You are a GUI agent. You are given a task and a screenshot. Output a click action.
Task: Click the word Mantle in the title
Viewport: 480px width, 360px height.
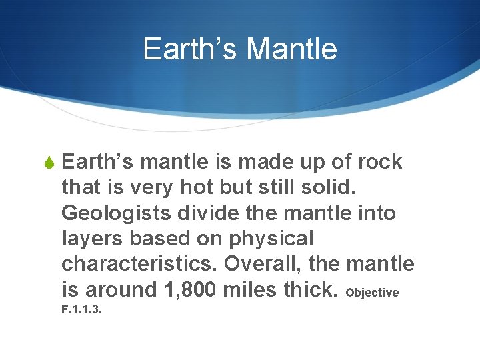point(291,49)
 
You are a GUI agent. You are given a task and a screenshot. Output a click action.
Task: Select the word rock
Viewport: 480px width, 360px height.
point(380,162)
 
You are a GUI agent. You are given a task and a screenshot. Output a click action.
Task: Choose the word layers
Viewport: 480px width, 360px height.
point(92,239)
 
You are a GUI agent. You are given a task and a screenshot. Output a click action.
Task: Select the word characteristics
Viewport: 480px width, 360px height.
point(140,264)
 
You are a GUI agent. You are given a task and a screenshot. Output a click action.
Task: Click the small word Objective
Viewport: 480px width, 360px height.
point(373,293)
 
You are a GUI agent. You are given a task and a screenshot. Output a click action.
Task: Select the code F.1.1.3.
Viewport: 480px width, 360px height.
point(81,309)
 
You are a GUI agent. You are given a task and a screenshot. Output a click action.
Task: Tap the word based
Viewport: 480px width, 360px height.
point(159,239)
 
